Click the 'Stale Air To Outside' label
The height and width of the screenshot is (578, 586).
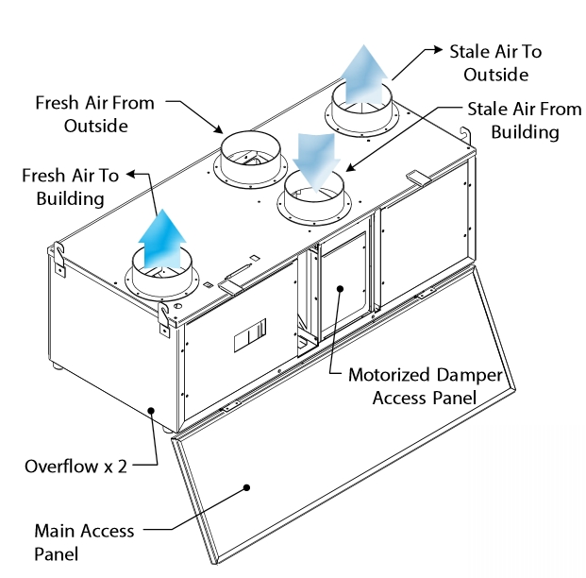(x=495, y=62)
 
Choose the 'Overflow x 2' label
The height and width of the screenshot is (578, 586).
(x=76, y=467)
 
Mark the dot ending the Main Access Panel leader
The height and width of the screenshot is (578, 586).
(x=248, y=487)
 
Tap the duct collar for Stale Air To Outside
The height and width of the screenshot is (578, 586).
(x=362, y=111)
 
